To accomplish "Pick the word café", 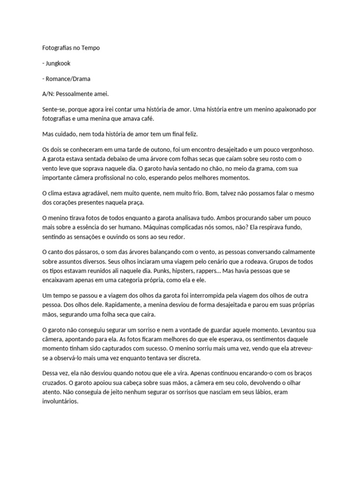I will point(162,119).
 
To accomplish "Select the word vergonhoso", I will point(294,150).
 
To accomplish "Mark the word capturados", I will point(138,348).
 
